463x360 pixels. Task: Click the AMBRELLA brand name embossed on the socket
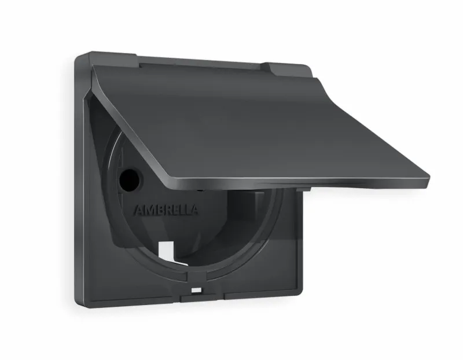166,210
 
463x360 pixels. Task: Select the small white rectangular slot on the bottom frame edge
196,291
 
